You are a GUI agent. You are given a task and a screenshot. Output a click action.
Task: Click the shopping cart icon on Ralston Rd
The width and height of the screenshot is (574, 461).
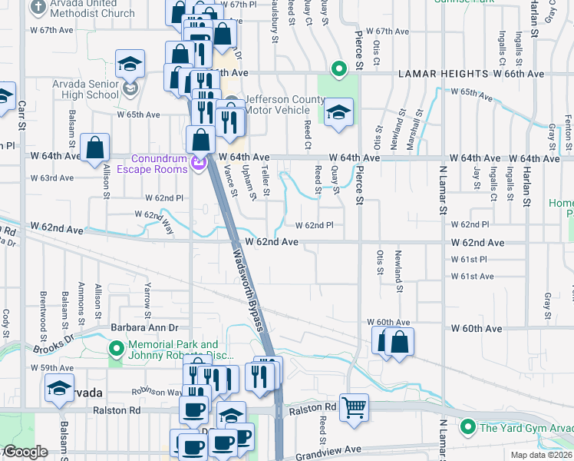pyautogui.click(x=354, y=407)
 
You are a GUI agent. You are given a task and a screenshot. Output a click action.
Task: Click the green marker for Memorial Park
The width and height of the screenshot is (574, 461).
pyautogui.click(x=117, y=350)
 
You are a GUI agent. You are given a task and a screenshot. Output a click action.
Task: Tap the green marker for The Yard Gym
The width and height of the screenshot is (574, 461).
pyautogui.click(x=467, y=426)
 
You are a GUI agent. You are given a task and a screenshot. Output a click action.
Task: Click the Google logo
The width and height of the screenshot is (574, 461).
pyautogui.click(x=25, y=452)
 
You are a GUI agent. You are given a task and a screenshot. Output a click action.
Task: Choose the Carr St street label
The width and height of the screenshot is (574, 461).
pyautogui.click(x=21, y=117)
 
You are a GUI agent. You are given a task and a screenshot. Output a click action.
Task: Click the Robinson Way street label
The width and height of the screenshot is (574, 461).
pyautogui.click(x=157, y=390)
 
